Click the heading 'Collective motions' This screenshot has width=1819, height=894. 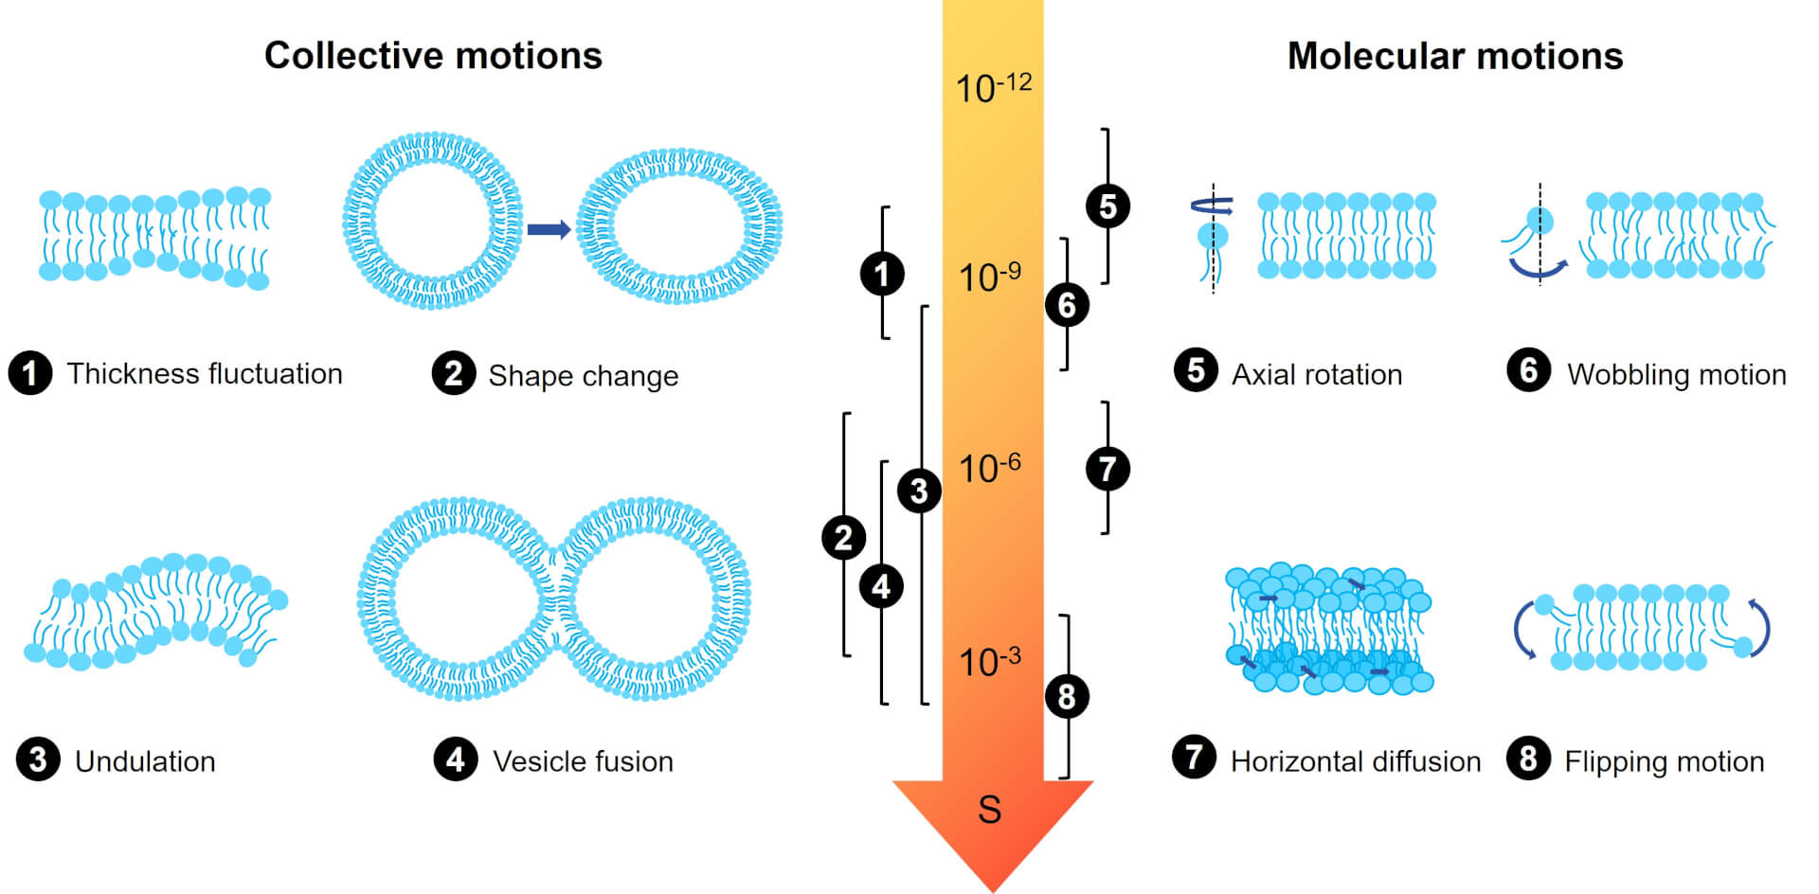click(x=433, y=56)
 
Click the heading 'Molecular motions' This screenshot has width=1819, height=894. click(x=1454, y=57)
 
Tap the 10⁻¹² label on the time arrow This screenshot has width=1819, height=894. click(x=993, y=88)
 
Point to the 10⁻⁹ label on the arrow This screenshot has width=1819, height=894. click(x=989, y=277)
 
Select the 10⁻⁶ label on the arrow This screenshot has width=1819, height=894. click(x=989, y=468)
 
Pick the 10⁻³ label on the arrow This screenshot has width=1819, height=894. click(x=989, y=661)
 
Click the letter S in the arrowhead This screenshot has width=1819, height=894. click(x=990, y=810)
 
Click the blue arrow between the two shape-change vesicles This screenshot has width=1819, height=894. click(x=549, y=229)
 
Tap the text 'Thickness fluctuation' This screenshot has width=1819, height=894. click(x=204, y=374)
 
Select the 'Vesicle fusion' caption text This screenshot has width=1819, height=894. click(x=583, y=761)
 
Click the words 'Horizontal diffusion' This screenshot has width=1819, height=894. click(x=1355, y=761)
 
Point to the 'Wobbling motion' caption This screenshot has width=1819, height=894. click(x=1676, y=375)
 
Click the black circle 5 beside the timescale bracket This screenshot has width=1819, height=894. click(x=1108, y=206)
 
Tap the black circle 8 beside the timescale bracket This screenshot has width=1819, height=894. click(x=1067, y=696)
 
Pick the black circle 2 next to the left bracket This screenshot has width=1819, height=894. click(x=843, y=538)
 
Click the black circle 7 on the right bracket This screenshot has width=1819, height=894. click(x=1108, y=468)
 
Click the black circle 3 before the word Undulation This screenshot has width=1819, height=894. click(x=38, y=760)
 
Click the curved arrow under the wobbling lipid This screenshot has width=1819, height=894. click(x=1538, y=271)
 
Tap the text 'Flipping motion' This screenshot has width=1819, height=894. click(x=1664, y=761)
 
